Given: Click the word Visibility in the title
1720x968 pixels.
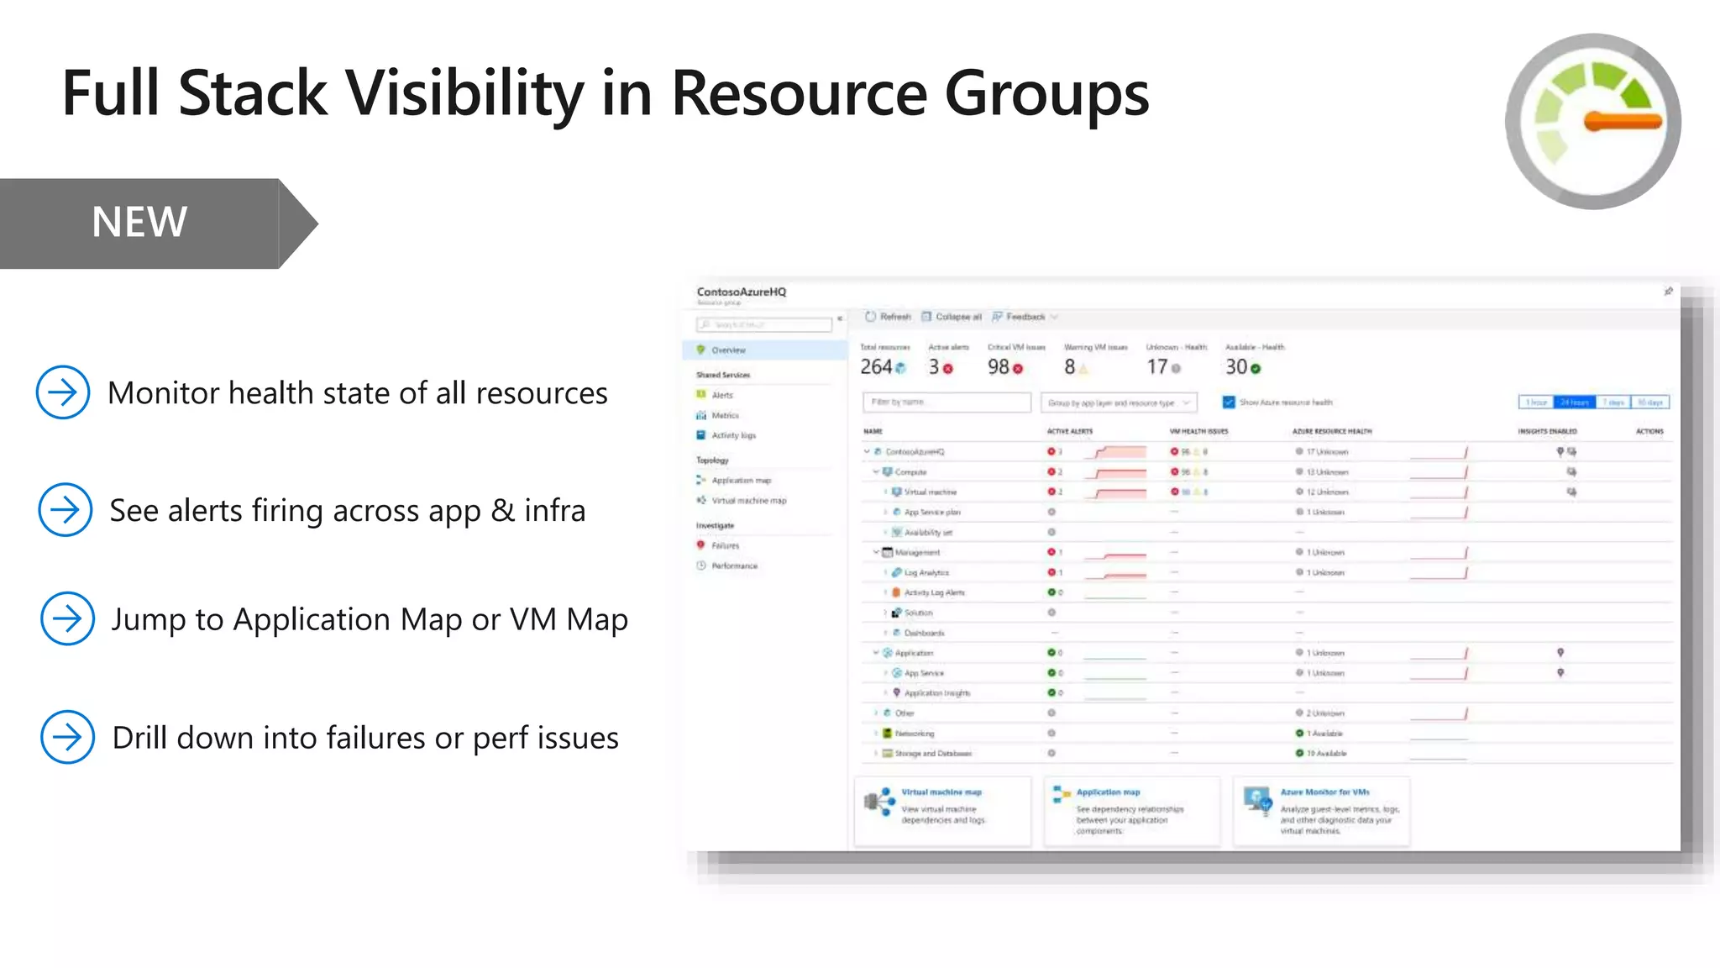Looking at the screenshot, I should click(464, 93).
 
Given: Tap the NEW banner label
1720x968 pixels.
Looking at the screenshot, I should click(139, 223).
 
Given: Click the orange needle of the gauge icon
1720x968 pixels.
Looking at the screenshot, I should click(1623, 121).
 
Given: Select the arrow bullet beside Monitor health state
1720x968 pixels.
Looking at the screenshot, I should click(63, 392).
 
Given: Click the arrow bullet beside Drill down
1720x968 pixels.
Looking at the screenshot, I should click(67, 737).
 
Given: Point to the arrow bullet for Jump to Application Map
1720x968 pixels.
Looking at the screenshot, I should click(67, 618).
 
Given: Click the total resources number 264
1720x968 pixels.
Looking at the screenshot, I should click(876, 367).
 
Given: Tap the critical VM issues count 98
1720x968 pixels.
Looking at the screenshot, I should click(998, 367).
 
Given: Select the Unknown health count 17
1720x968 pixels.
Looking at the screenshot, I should click(1156, 367).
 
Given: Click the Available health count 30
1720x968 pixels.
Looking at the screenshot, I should click(1235, 367).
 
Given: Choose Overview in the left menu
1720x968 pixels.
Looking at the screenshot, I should click(728, 350).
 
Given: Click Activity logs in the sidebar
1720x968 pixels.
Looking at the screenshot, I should click(733, 435).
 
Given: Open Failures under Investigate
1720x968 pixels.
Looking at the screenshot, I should click(725, 545).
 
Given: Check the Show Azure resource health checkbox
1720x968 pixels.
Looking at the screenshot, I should click(1229, 402).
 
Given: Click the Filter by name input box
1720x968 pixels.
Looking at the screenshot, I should click(947, 402).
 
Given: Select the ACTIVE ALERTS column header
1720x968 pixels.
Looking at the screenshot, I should click(1069, 431).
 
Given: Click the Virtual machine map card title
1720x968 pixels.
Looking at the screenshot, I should click(941, 792).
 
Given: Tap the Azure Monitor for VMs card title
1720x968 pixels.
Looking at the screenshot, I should click(1324, 792).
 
